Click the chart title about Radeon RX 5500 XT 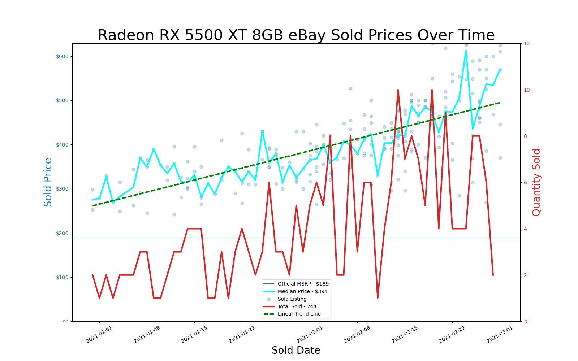coord(296,35)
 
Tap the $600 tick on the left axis coord(63,56)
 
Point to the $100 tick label coord(63,277)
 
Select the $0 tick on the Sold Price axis coord(65,321)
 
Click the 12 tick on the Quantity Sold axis coord(527,44)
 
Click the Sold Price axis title coord(48,182)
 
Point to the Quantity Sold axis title coord(536,182)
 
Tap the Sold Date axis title coord(296,351)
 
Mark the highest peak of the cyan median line coord(466,51)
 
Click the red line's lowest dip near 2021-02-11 coord(378,298)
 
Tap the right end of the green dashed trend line coord(500,103)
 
